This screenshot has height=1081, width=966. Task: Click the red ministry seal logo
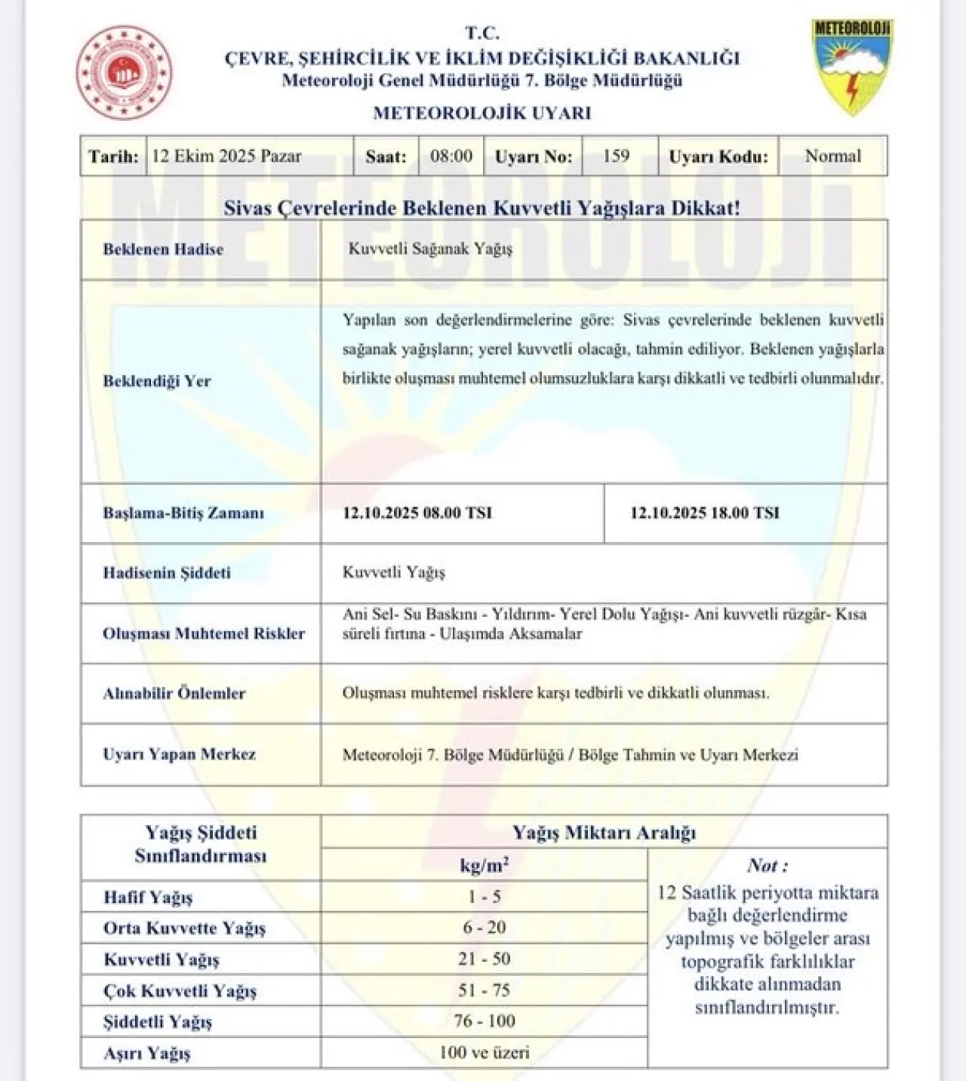tap(124, 72)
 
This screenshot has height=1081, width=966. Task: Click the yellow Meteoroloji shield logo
tap(853, 66)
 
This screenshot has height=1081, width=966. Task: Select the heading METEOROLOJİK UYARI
tap(482, 113)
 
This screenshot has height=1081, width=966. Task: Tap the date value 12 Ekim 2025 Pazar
tap(226, 156)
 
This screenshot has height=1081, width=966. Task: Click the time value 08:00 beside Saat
tap(451, 156)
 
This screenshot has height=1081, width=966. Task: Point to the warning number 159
tap(616, 156)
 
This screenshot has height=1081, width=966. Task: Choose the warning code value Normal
tap(832, 156)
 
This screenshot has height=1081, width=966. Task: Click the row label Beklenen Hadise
tap(163, 249)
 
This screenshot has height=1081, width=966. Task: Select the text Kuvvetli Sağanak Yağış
tap(430, 248)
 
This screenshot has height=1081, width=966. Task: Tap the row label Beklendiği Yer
tap(157, 380)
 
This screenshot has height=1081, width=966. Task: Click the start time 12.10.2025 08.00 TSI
tap(417, 513)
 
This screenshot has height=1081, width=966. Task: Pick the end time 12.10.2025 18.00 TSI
tap(704, 513)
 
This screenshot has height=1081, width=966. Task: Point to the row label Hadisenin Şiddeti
tap(167, 572)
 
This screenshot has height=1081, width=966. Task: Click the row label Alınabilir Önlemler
tap(174, 693)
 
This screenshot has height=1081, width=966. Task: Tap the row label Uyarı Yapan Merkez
tap(180, 753)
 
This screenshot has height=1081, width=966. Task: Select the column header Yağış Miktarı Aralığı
tap(604, 833)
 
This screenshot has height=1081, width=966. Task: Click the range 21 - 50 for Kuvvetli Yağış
tap(485, 959)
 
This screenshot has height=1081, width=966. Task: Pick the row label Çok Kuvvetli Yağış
tap(180, 990)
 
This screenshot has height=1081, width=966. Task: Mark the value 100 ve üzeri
tap(485, 1052)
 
